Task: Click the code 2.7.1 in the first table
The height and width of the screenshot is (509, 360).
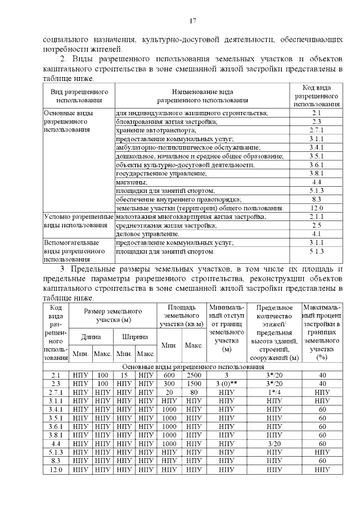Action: (316, 130)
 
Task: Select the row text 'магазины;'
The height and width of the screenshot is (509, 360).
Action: (132, 182)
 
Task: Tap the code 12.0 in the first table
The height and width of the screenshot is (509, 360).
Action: (316, 208)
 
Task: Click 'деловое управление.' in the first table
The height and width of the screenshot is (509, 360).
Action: (143, 234)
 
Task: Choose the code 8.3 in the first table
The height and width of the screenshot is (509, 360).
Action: (316, 200)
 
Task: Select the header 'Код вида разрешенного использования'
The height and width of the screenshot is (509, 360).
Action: (316, 96)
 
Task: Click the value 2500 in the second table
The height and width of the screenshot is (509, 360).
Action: (193, 375)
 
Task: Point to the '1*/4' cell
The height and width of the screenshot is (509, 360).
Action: (274, 392)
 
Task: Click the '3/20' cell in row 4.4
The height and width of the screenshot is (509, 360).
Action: (274, 444)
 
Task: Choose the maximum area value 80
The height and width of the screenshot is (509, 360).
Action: (193, 392)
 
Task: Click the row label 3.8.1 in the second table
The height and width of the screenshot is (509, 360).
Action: (56, 435)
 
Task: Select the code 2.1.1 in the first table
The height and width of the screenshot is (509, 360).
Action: (316, 217)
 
